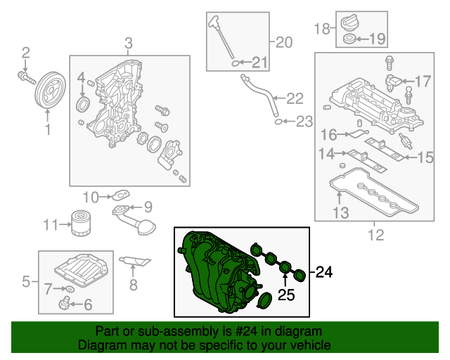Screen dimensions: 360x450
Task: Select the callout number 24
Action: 322,271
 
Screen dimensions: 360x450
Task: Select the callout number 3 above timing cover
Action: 129,45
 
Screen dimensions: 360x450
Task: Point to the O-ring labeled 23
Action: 278,122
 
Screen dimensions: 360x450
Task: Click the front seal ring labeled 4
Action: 83,106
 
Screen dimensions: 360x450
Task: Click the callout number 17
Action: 423,82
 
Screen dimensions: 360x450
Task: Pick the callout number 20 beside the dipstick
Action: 283,42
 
